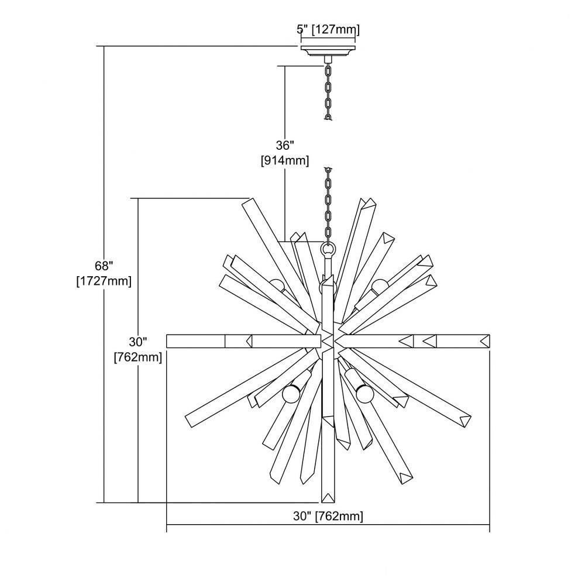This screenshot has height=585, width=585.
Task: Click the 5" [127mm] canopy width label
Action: (x=328, y=29)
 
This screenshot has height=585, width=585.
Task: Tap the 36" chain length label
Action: (x=285, y=144)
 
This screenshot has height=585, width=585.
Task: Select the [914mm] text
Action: (x=285, y=160)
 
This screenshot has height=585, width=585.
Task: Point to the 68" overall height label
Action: (x=104, y=266)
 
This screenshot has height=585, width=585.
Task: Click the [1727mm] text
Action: (x=104, y=281)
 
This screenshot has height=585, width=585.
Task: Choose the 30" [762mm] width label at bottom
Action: (x=328, y=516)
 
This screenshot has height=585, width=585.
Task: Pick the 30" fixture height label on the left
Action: (x=138, y=342)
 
